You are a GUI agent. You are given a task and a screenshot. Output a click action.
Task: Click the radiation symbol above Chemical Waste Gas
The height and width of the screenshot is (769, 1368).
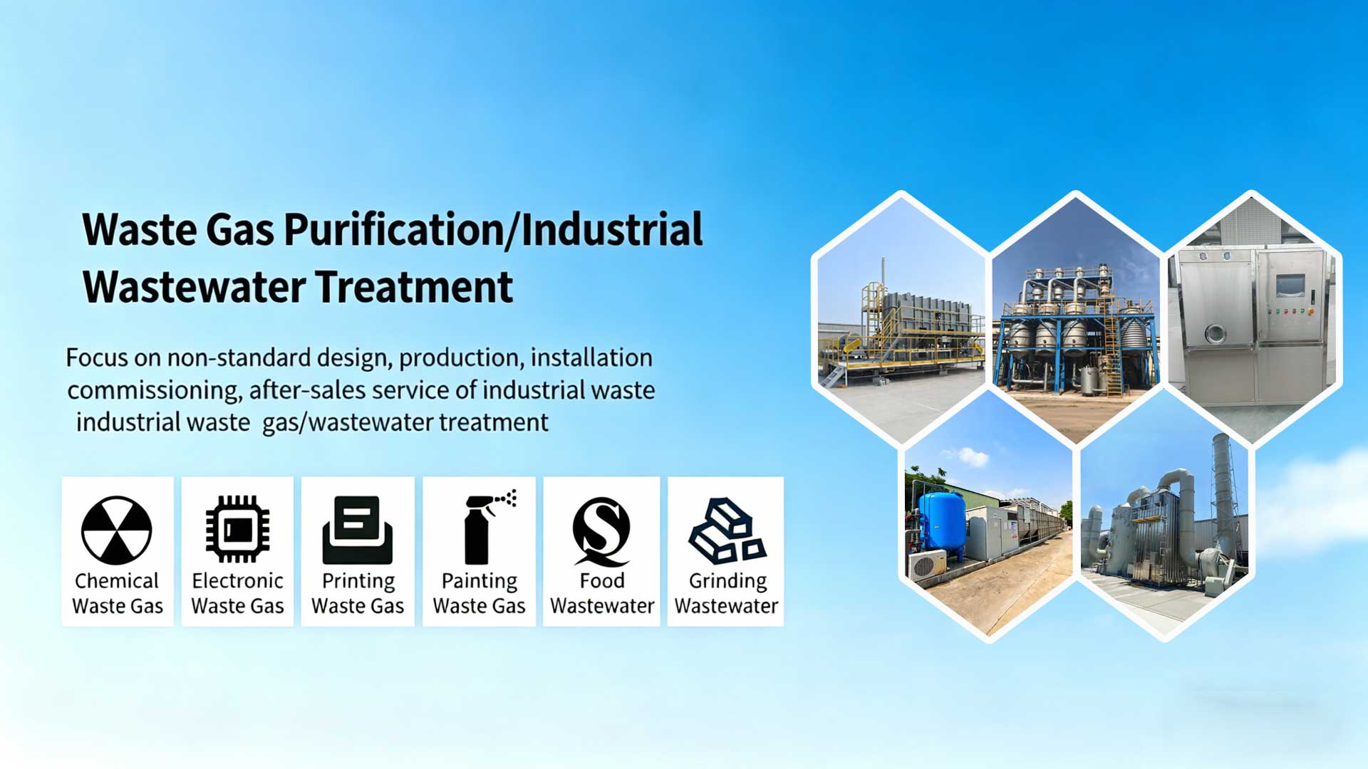click(x=117, y=530)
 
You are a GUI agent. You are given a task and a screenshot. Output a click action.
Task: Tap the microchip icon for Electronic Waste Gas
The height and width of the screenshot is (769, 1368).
click(x=238, y=529)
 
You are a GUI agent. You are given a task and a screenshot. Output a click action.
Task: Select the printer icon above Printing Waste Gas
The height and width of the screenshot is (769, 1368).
click(x=358, y=530)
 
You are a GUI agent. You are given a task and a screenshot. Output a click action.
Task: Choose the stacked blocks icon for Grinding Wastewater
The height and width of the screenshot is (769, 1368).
click(x=727, y=530)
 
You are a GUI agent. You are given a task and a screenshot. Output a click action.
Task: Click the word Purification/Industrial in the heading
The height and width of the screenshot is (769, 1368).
click(x=493, y=229)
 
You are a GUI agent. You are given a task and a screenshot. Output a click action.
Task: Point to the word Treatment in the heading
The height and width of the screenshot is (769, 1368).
click(x=414, y=287)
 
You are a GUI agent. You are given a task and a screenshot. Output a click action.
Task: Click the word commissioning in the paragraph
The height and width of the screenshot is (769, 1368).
click(x=153, y=391)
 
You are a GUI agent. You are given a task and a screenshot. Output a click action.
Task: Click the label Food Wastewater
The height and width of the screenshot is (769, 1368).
click(x=602, y=593)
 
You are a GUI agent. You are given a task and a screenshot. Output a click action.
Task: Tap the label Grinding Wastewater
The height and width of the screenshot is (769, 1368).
click(x=727, y=593)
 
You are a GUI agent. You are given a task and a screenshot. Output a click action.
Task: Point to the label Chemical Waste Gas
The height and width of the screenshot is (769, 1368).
click(x=118, y=593)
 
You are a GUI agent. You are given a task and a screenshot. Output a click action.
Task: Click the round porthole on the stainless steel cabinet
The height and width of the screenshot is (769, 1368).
click(x=1215, y=333)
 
